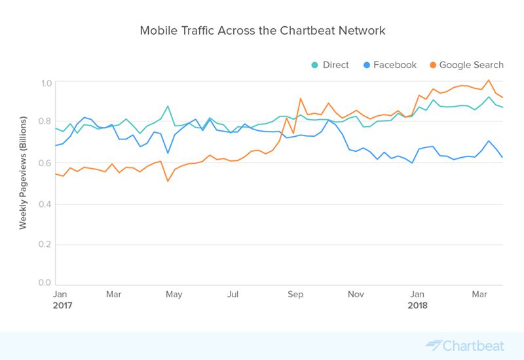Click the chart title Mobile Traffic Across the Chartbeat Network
[262, 31]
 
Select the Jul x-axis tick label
[232, 295]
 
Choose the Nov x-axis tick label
[356, 295]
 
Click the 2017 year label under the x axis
[62, 306]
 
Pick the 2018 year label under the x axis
[419, 306]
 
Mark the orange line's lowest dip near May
[168, 181]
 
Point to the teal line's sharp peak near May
[168, 106]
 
